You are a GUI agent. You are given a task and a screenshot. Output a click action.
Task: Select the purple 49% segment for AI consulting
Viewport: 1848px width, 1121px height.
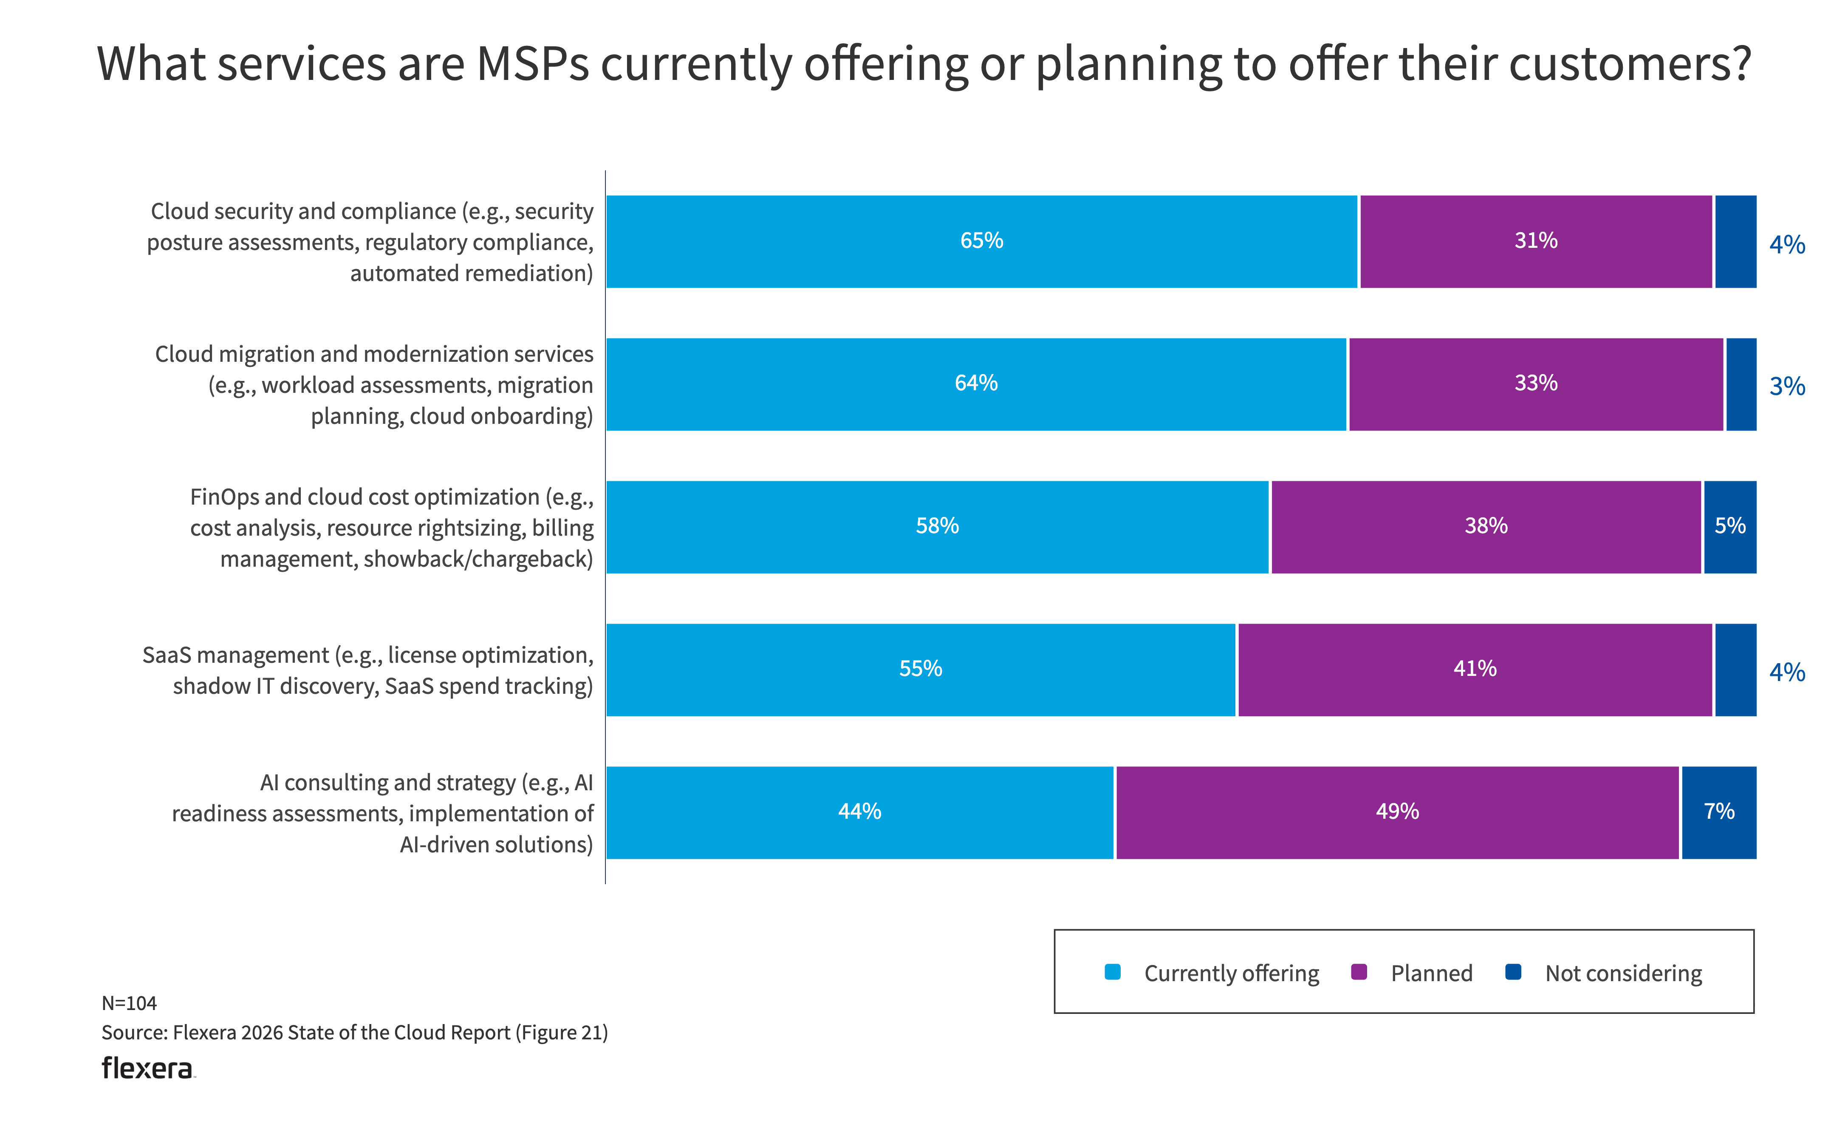pyautogui.click(x=1396, y=812)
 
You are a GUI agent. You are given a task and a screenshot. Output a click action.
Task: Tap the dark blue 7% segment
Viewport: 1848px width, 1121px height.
pyautogui.click(x=1718, y=812)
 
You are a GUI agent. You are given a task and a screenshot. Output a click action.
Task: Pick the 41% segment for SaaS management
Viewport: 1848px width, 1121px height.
pyautogui.click(x=1475, y=669)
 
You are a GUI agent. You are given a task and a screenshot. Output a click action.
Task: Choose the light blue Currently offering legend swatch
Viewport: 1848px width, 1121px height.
pyautogui.click(x=1112, y=973)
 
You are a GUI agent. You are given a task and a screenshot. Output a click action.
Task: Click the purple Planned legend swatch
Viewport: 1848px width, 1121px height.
pyautogui.click(x=1358, y=973)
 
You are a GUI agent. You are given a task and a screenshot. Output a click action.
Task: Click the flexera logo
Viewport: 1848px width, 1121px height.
pyautogui.click(x=148, y=1068)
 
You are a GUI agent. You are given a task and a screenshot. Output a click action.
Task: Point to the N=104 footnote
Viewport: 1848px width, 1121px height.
pyautogui.click(x=129, y=1003)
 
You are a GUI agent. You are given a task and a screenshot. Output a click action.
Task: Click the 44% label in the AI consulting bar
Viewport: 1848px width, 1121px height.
pyautogui.click(x=859, y=812)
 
